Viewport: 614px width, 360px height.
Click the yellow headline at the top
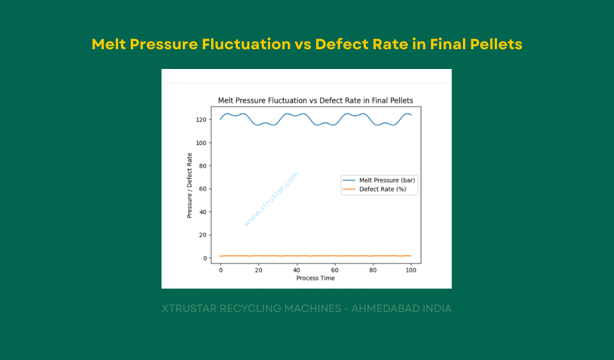click(x=306, y=44)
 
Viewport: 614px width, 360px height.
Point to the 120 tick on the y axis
click(x=201, y=120)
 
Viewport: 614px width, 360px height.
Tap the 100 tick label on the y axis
click(x=201, y=143)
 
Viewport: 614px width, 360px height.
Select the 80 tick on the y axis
click(x=203, y=166)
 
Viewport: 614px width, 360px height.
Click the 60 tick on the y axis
click(x=203, y=189)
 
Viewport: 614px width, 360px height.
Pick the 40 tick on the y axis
click(x=203, y=212)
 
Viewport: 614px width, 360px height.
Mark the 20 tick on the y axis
click(x=203, y=235)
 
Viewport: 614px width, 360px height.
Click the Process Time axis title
click(x=315, y=278)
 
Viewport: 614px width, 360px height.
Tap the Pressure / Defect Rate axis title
click(x=189, y=185)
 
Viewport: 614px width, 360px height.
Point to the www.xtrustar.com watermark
click(x=271, y=199)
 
